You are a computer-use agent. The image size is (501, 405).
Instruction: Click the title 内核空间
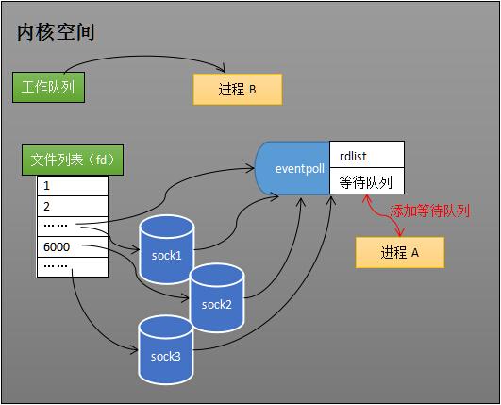tap(57, 32)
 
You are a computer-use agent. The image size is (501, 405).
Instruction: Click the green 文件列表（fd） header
tap(72, 159)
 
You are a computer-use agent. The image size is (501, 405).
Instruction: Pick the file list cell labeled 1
tap(73, 185)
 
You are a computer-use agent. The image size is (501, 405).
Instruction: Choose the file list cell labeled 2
tap(73, 206)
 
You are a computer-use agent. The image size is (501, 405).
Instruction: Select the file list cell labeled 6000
tap(73, 247)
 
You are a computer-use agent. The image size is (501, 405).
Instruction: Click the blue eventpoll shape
tap(293, 168)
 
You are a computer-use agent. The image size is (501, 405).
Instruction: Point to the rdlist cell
tap(366, 155)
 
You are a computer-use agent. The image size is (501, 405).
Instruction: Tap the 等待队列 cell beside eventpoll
tap(366, 181)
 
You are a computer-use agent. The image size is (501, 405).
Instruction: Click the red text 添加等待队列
tap(429, 211)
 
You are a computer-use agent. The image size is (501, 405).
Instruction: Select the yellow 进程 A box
tap(399, 252)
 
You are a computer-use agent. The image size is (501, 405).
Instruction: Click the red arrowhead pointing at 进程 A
tap(401, 232)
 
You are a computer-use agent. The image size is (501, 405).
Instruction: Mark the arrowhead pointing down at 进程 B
tap(224, 69)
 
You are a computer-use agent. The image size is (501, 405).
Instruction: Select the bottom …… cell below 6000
tap(73, 267)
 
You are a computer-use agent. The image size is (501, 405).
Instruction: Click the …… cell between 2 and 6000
tap(73, 227)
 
